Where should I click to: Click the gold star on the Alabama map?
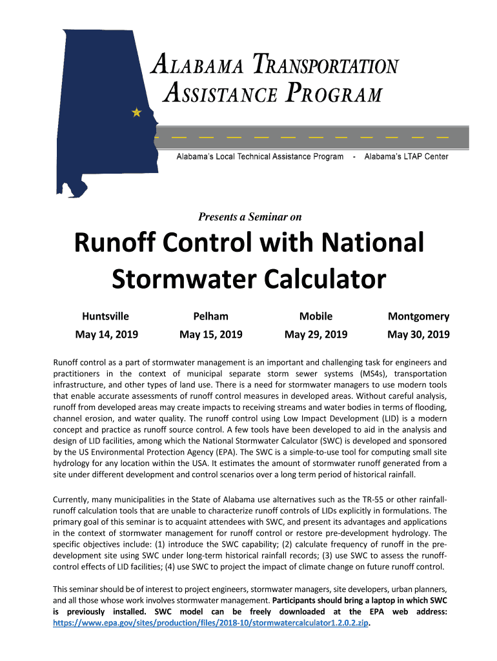pos(136,112)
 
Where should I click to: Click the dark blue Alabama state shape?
pos(103,110)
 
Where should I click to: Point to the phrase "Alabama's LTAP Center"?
pos(407,157)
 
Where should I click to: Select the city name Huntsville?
pos(105,316)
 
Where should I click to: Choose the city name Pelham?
pos(211,316)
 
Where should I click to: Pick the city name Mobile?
pos(316,316)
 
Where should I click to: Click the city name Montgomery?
pos(418,316)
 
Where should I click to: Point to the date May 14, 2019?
pos(107,334)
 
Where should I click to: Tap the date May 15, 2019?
pos(211,334)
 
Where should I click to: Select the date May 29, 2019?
pos(316,334)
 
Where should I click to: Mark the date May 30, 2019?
pos(418,334)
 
